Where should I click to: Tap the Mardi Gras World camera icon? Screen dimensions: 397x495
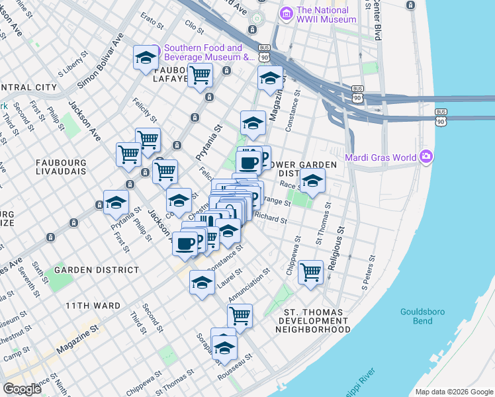point(426,157)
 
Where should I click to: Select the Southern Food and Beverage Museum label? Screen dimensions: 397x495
point(203,52)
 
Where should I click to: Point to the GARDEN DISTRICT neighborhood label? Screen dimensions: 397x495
point(97,270)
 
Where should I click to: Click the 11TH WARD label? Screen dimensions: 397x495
point(93,306)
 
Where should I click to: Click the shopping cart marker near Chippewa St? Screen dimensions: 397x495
point(310,271)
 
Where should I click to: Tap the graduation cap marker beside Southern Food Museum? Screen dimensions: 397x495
point(146,58)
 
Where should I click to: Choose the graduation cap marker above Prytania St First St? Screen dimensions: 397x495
point(115,202)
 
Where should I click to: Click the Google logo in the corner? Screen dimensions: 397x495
point(22,389)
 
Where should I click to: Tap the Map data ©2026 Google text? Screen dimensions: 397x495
point(454,392)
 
